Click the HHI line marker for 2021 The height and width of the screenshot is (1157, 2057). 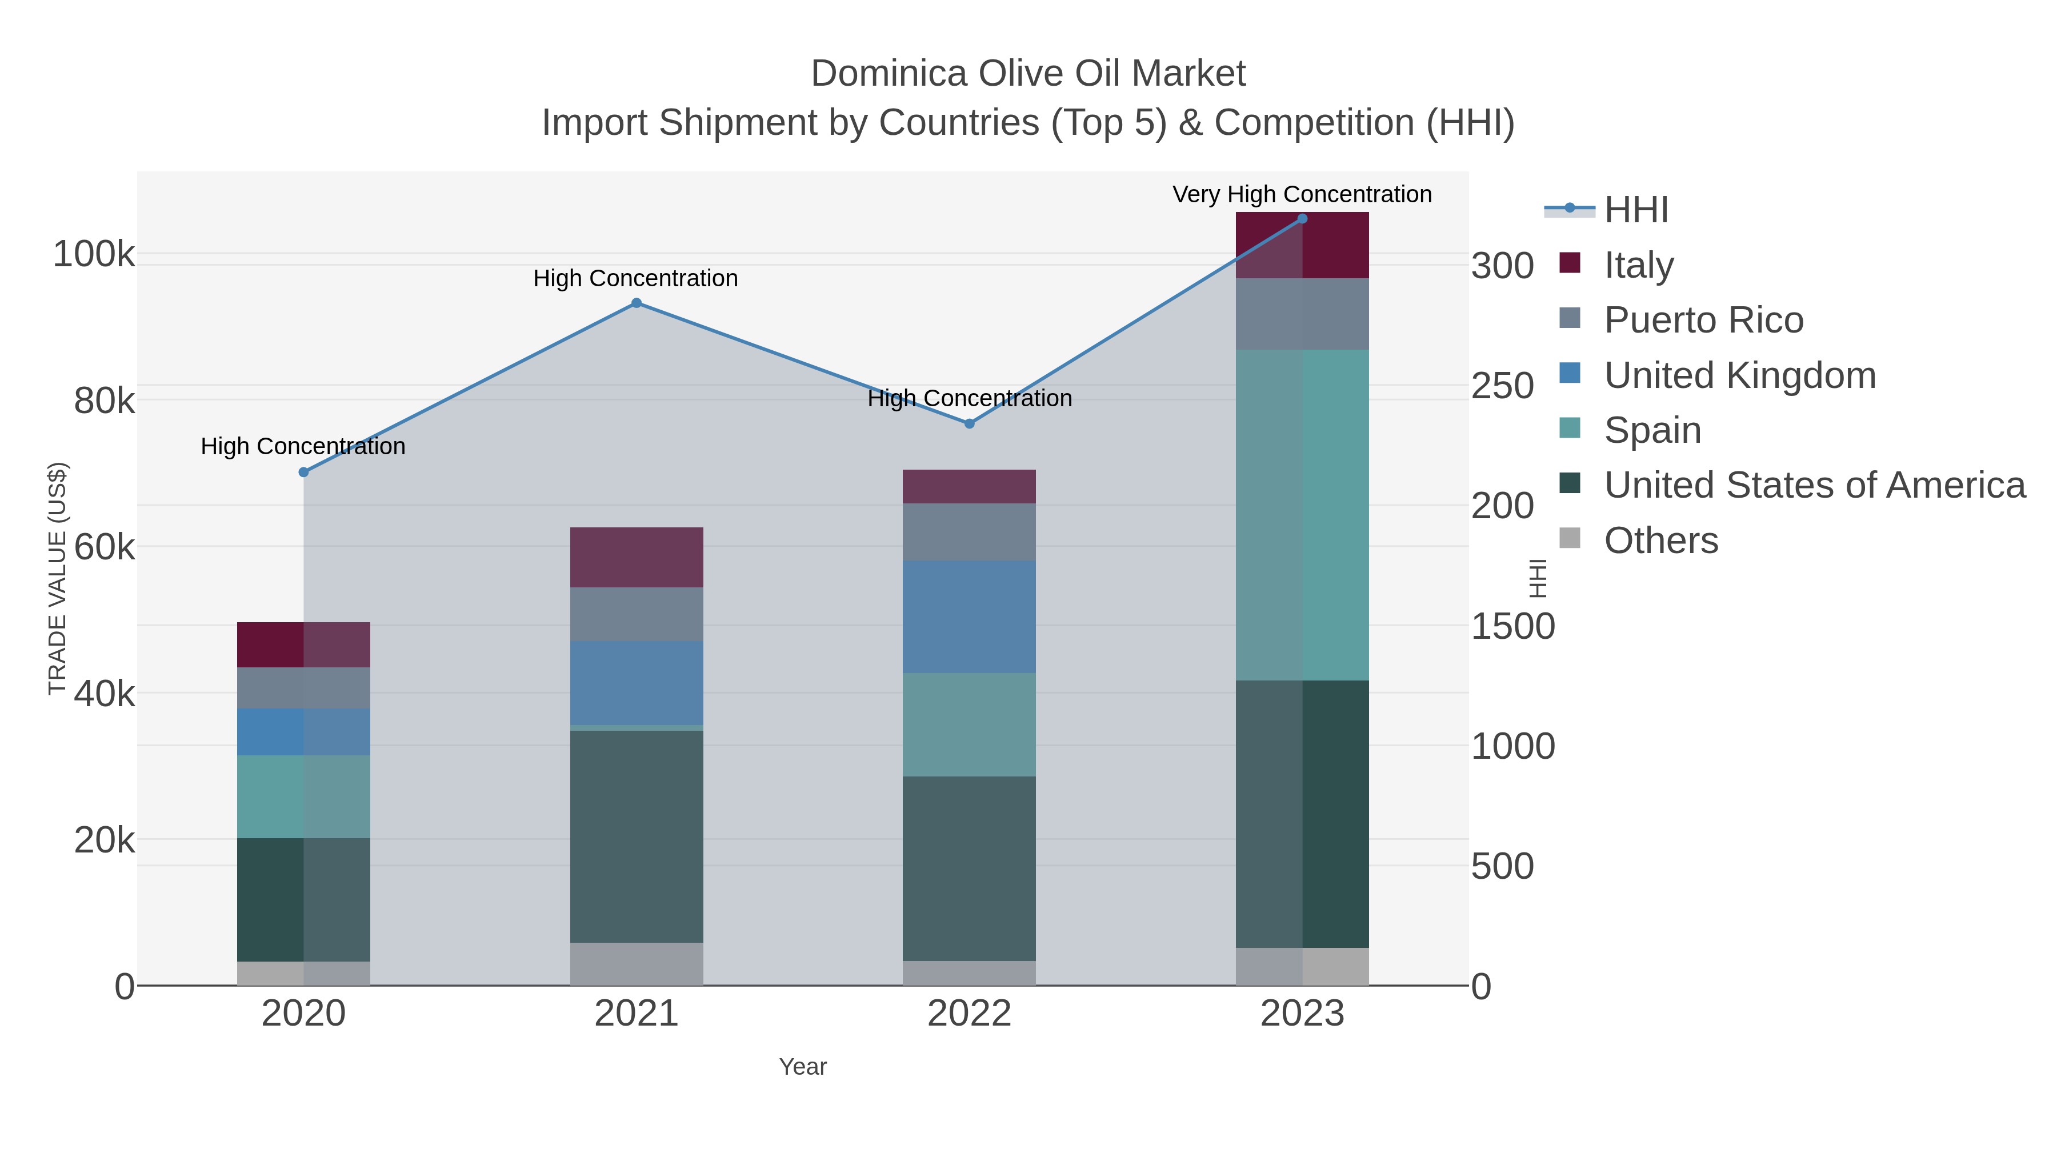pos(637,303)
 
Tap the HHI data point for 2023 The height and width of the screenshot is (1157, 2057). pos(1302,219)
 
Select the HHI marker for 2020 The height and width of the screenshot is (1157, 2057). pos(303,473)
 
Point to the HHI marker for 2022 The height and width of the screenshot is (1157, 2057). pos(970,424)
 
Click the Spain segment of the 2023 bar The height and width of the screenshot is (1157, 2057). pos(1302,515)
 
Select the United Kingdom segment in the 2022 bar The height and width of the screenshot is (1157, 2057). pos(970,616)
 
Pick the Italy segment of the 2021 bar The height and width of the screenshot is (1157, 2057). pos(637,557)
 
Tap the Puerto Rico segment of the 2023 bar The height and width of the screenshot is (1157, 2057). pos(1302,314)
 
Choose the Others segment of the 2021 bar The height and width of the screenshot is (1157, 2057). pos(637,964)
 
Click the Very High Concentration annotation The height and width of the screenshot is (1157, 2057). pos(1302,194)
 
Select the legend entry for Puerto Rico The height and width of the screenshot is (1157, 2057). pos(1703,320)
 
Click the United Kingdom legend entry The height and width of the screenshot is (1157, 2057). pos(1739,375)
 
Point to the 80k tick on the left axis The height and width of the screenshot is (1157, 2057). pos(105,401)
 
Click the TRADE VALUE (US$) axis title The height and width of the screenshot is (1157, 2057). pos(58,579)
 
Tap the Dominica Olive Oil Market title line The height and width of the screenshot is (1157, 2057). pos(1028,74)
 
